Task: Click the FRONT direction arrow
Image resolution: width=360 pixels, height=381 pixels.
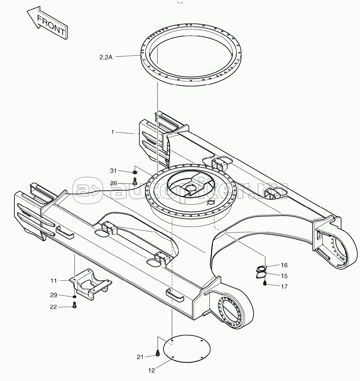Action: point(48,23)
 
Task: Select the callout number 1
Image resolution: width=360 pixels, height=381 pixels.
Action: point(112,132)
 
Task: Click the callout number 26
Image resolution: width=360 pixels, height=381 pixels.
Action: point(114,183)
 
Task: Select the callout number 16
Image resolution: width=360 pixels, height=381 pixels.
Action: point(284,265)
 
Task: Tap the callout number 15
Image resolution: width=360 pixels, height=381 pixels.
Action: point(284,276)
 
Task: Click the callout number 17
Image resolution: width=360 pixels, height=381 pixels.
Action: point(284,286)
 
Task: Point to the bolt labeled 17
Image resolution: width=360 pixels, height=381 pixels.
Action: point(265,283)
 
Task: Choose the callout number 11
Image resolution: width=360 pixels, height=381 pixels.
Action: point(54,281)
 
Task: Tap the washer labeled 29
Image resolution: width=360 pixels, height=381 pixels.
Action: point(75,297)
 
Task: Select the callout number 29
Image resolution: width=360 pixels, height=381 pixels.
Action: point(54,295)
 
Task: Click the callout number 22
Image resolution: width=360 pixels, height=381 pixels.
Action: point(54,307)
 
